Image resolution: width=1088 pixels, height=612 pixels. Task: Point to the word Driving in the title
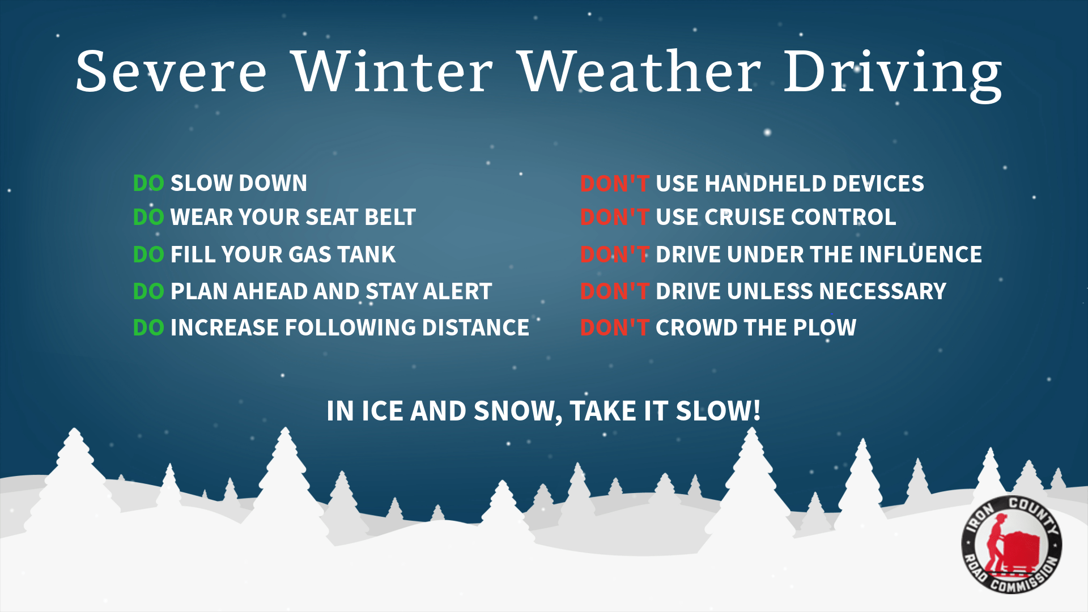click(893, 75)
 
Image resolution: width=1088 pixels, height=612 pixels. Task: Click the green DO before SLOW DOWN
click(148, 184)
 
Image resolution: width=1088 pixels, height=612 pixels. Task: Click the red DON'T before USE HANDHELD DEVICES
click(614, 184)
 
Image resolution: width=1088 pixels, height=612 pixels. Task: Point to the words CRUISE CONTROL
click(801, 217)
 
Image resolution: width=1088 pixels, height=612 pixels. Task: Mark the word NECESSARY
click(883, 291)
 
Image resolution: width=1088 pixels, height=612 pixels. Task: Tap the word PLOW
click(824, 328)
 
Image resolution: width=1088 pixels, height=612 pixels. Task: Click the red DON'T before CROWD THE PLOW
click(614, 328)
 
